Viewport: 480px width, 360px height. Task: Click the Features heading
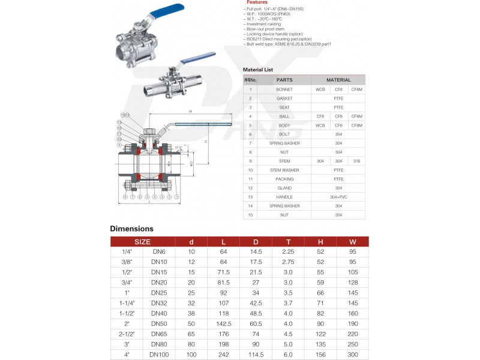coord(257,2)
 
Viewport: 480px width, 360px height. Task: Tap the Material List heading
coord(258,70)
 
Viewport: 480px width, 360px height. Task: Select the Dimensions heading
coord(131,229)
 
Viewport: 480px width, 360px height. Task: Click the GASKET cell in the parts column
coord(284,98)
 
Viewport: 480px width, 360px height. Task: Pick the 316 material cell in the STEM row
coord(357,161)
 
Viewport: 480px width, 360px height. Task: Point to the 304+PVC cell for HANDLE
coord(338,197)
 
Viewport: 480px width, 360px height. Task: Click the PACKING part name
coord(284,179)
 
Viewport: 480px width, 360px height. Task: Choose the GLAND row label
coord(284,188)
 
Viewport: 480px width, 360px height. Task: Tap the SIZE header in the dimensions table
coord(142,242)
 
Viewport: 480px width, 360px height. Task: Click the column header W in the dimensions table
coord(352,242)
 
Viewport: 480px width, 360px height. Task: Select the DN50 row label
coord(158,323)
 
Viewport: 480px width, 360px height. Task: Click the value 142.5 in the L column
coord(223,323)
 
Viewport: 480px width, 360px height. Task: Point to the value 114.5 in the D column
coord(256,355)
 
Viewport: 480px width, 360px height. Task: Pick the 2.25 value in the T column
coord(288,251)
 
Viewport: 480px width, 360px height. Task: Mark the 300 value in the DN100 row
coord(352,355)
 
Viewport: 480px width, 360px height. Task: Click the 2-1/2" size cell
coord(127,333)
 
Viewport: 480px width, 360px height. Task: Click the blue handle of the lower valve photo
coord(199,58)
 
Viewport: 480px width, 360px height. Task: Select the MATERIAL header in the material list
coord(338,80)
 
